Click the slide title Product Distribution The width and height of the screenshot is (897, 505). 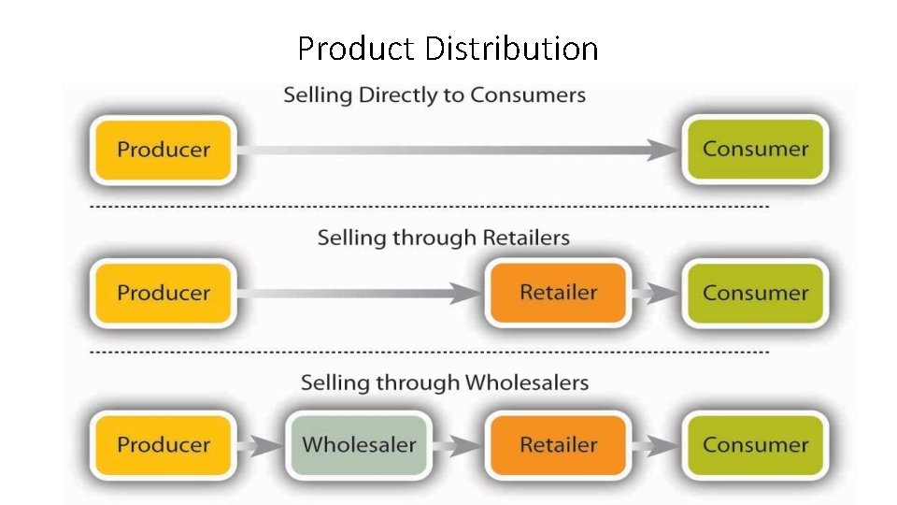click(448, 48)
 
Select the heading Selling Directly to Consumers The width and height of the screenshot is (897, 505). click(434, 95)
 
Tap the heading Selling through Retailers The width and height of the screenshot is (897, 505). click(443, 238)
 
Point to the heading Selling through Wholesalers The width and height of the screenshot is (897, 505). click(444, 382)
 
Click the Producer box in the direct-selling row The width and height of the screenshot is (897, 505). click(164, 150)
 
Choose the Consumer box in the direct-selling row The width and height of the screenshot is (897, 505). click(755, 149)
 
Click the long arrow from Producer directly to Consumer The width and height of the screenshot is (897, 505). click(458, 150)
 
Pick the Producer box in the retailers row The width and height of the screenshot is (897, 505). click(164, 293)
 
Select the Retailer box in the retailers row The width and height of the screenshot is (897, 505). click(558, 293)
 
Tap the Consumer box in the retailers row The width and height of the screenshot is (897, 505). click(755, 293)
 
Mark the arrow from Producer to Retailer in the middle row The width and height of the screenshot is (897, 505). click(360, 294)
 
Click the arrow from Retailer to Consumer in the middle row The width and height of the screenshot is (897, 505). click(657, 294)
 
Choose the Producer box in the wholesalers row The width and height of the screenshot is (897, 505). click(164, 445)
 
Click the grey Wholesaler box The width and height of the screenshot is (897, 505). click(359, 445)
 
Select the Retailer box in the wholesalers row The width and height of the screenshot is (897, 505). click(558, 445)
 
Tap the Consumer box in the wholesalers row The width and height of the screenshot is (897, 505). click(755, 445)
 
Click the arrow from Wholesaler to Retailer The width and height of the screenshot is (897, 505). click(460, 446)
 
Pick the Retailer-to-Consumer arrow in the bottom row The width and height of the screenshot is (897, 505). click(657, 446)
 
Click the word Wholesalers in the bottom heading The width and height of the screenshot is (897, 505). click(527, 382)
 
